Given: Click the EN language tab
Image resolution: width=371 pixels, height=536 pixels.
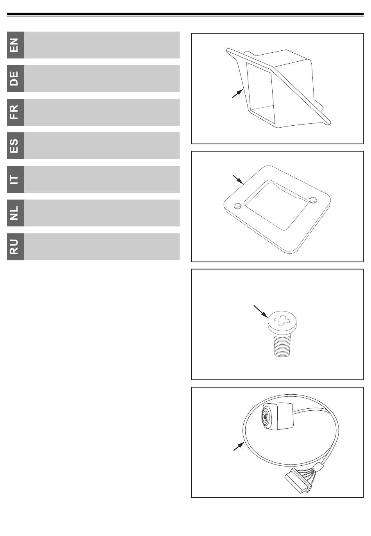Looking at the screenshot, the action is point(16,45).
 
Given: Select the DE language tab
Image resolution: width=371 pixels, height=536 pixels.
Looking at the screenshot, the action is point(16,78).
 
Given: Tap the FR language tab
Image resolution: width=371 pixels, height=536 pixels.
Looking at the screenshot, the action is point(16,112).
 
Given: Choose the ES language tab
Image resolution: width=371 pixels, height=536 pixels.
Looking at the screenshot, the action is point(16,146).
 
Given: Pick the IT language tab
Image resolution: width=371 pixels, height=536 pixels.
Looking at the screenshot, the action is point(16,180).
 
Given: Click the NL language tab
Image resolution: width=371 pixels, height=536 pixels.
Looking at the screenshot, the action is point(16,213).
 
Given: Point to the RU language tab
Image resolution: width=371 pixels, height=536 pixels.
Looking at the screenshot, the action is point(16,247).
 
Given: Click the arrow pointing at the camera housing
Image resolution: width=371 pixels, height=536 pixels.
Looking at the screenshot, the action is point(237,93).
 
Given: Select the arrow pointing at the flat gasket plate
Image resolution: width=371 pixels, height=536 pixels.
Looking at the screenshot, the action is point(238,179).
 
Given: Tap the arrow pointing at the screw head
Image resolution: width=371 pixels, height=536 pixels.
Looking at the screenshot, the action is point(261,311).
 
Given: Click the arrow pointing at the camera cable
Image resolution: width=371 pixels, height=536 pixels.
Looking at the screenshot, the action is point(239,446).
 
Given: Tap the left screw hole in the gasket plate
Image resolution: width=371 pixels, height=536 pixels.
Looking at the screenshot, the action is point(238,206).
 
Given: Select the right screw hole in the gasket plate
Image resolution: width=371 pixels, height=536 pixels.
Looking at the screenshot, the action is point(313,200).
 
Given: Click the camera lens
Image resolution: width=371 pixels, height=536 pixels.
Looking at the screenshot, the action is point(266,417).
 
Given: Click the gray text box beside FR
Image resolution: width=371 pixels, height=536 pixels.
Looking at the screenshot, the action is point(102,112).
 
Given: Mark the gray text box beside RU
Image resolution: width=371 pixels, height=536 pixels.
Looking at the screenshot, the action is point(102,247).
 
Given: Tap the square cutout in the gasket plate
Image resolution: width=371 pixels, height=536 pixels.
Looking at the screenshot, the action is point(276,206).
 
